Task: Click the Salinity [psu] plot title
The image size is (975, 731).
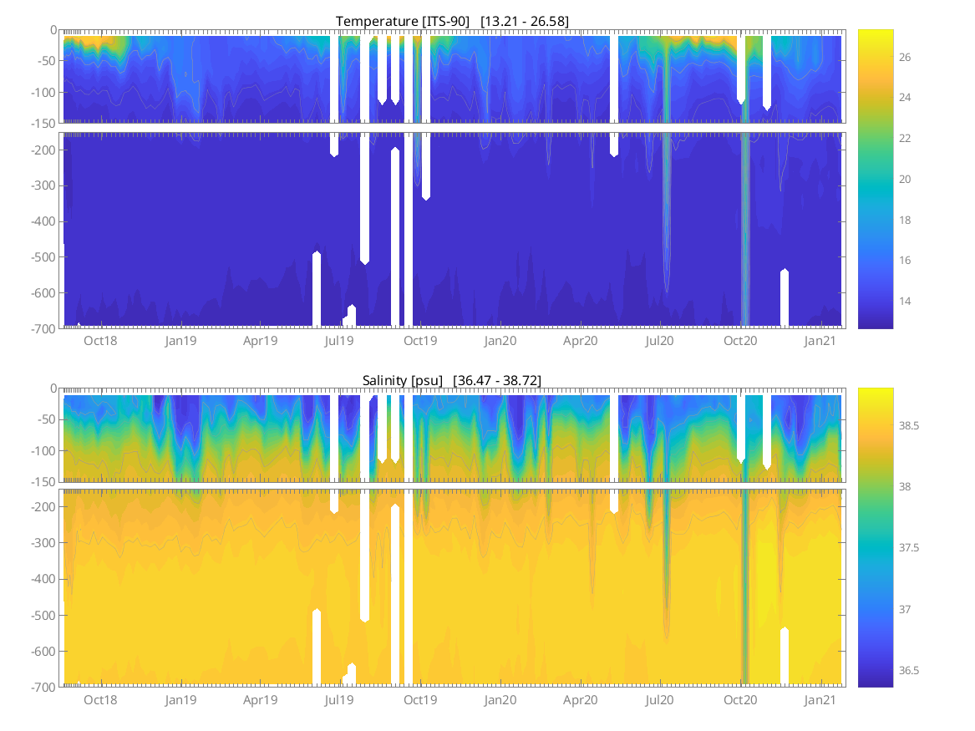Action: pos(402,380)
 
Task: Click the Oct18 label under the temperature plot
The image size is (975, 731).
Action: pos(100,341)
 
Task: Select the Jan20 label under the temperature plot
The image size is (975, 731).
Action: pos(500,341)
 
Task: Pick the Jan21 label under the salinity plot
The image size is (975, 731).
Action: pos(820,700)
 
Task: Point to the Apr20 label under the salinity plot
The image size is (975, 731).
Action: pos(580,700)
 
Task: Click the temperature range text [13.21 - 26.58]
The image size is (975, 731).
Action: pos(525,21)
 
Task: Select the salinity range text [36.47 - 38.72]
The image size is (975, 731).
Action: pos(497,380)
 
